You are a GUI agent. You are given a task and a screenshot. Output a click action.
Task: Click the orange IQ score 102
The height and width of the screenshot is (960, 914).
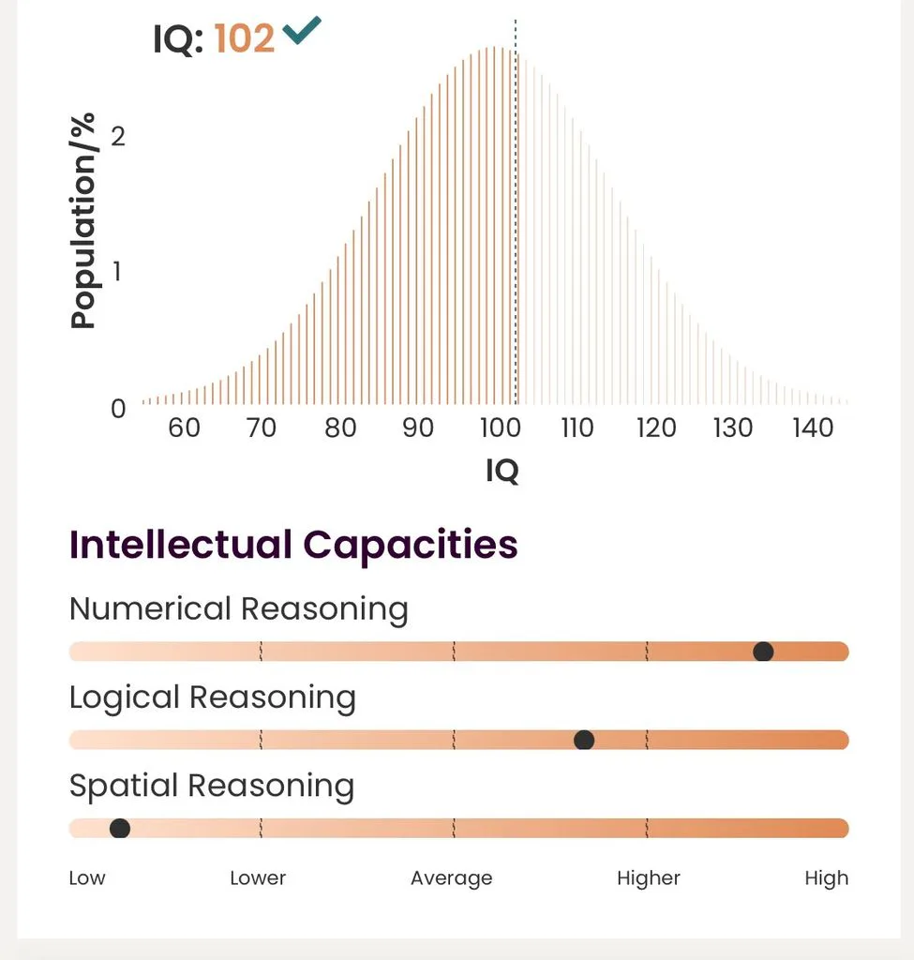[245, 38]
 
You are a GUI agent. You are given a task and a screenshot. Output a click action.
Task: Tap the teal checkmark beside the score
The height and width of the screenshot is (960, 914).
[301, 31]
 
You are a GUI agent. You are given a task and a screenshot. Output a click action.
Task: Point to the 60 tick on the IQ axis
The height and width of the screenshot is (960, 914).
[185, 427]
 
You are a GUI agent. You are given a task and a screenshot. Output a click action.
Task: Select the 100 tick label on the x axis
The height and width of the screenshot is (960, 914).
[501, 427]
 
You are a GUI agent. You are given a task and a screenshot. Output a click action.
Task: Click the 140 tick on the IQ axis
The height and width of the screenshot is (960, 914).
[813, 427]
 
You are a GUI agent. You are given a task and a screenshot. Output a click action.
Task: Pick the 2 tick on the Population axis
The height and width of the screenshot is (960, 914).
[118, 136]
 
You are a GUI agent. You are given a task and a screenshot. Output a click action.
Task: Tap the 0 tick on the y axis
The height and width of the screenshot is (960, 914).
[118, 409]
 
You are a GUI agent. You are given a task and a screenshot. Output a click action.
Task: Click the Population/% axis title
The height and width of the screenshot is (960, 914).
[82, 220]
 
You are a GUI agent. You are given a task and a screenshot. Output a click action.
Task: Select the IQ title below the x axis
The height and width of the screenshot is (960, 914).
[502, 471]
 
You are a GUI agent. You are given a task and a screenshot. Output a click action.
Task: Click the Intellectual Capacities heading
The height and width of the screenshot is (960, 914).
[293, 545]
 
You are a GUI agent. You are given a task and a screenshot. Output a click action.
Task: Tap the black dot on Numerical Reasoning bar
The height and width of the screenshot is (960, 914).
[763, 652]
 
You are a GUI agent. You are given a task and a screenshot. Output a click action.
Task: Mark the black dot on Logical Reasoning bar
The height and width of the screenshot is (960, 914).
[584, 740]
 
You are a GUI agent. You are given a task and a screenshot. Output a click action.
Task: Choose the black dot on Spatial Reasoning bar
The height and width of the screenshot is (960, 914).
[120, 829]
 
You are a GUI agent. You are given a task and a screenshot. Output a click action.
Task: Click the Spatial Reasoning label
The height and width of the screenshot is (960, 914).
[212, 787]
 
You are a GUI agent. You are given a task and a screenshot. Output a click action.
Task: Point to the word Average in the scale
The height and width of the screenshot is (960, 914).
[452, 878]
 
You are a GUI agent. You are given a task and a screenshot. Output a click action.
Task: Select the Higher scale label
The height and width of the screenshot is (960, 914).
[649, 878]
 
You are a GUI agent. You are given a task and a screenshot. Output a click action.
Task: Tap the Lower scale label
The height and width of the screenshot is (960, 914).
[258, 877]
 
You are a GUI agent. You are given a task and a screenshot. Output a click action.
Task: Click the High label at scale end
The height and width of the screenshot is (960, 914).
[827, 878]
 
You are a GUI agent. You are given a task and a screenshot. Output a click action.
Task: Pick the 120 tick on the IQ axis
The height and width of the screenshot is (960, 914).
[656, 427]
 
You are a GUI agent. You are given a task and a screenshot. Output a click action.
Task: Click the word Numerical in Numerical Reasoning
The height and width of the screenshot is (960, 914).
[151, 609]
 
